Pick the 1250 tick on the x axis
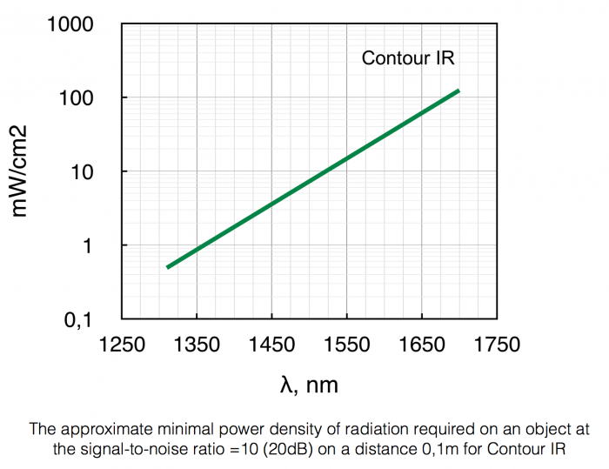pyautogui.click(x=120, y=345)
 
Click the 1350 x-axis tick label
pyautogui.click(x=196, y=345)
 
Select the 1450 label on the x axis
pyautogui.click(x=271, y=345)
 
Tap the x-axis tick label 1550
pyautogui.click(x=346, y=345)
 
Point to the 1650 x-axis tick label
pyautogui.click(x=422, y=345)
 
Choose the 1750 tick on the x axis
pyautogui.click(x=497, y=345)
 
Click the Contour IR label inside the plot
pyautogui.click(x=408, y=59)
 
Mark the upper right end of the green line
pyautogui.click(x=458, y=90)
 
